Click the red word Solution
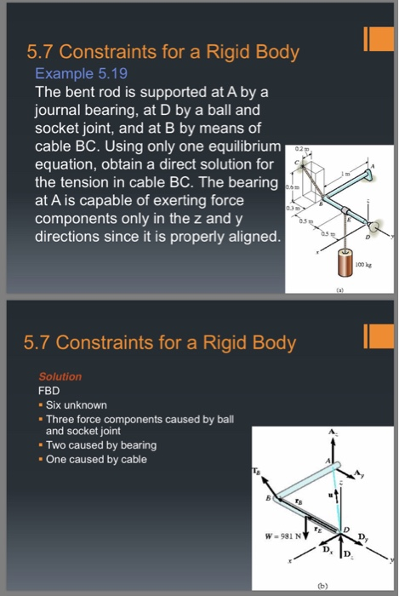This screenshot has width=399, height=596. [x=60, y=376]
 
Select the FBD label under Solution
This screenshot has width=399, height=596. [x=50, y=390]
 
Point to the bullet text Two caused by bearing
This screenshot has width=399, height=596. [x=100, y=445]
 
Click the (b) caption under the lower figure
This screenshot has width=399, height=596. [x=322, y=585]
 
